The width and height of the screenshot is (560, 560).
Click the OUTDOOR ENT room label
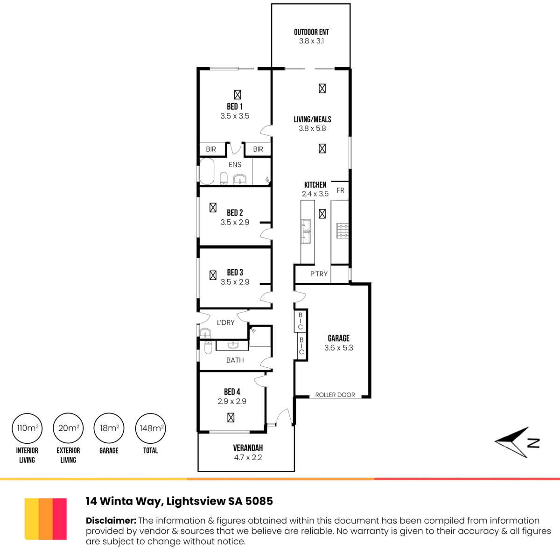[x=311, y=32]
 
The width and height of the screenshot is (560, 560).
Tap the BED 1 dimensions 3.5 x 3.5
[x=235, y=116]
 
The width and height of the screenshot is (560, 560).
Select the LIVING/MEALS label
[x=312, y=119]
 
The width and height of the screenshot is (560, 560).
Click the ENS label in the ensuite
[x=235, y=164]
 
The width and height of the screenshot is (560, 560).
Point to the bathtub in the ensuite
[x=207, y=171]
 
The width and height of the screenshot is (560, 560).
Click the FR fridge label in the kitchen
[x=340, y=190]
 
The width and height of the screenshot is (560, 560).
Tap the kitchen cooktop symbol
[x=343, y=231]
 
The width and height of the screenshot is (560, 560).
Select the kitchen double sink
[x=306, y=231]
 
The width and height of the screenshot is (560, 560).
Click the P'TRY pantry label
[x=319, y=274]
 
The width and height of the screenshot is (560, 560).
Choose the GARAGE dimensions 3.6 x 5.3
[x=338, y=348]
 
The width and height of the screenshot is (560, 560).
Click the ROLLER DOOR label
[x=335, y=395]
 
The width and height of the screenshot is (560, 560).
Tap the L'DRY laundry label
[x=225, y=322]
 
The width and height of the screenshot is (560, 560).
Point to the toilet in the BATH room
[x=208, y=347]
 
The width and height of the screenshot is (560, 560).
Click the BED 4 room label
[x=232, y=392]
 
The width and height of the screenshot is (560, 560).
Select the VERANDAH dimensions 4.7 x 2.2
[x=248, y=457]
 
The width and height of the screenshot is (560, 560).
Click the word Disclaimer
[x=111, y=520]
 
